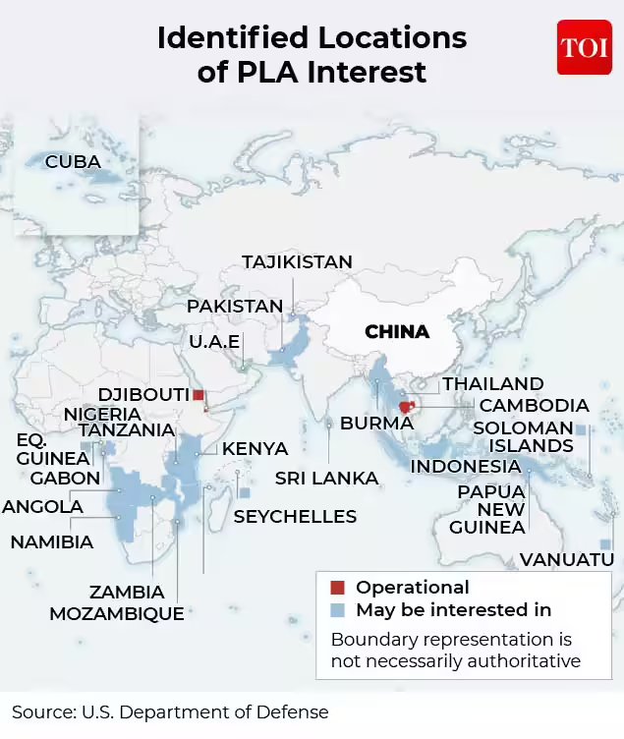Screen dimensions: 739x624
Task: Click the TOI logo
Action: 584,47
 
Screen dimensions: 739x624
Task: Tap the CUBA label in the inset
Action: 73,161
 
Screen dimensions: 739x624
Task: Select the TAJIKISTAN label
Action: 297,262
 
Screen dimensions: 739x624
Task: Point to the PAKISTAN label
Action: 235,307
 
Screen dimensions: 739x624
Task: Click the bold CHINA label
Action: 397,332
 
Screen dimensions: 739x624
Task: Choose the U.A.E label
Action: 213,342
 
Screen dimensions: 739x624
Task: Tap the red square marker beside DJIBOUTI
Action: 199,395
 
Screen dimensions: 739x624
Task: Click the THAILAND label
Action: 492,384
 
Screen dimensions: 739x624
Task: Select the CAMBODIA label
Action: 534,406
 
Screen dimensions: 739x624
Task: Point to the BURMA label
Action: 376,425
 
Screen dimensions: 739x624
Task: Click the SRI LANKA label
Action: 326,479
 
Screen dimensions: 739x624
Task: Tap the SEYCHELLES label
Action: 295,517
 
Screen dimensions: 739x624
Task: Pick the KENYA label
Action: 255,449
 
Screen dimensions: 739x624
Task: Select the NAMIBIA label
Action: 52,542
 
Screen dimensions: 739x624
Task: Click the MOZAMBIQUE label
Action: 117,614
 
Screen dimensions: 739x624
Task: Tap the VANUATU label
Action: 567,560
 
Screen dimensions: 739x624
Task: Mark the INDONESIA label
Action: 466,467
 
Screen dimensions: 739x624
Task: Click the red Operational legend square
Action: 338,589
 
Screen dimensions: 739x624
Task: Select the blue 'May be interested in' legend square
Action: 338,610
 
